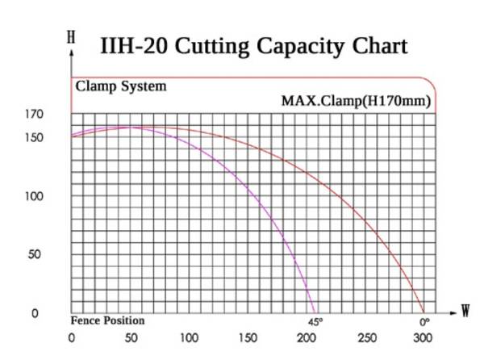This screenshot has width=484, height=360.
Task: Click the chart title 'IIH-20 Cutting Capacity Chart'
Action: (253, 46)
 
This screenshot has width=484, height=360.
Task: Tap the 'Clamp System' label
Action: (121, 86)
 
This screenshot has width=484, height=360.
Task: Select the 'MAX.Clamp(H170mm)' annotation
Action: (355, 102)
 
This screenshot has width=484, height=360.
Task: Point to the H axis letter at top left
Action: (73, 37)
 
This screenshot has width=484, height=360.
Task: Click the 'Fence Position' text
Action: (107, 321)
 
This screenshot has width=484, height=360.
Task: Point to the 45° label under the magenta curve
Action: (315, 321)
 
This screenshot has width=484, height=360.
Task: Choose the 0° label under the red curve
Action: (423, 321)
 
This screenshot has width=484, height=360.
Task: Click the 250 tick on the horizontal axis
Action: (365, 337)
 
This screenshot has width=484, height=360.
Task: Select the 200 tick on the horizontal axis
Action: (307, 337)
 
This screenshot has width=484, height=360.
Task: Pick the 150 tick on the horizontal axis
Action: (248, 337)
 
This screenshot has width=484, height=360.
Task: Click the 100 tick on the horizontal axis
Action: (190, 337)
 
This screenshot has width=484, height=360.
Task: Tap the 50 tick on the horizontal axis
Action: (131, 337)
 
